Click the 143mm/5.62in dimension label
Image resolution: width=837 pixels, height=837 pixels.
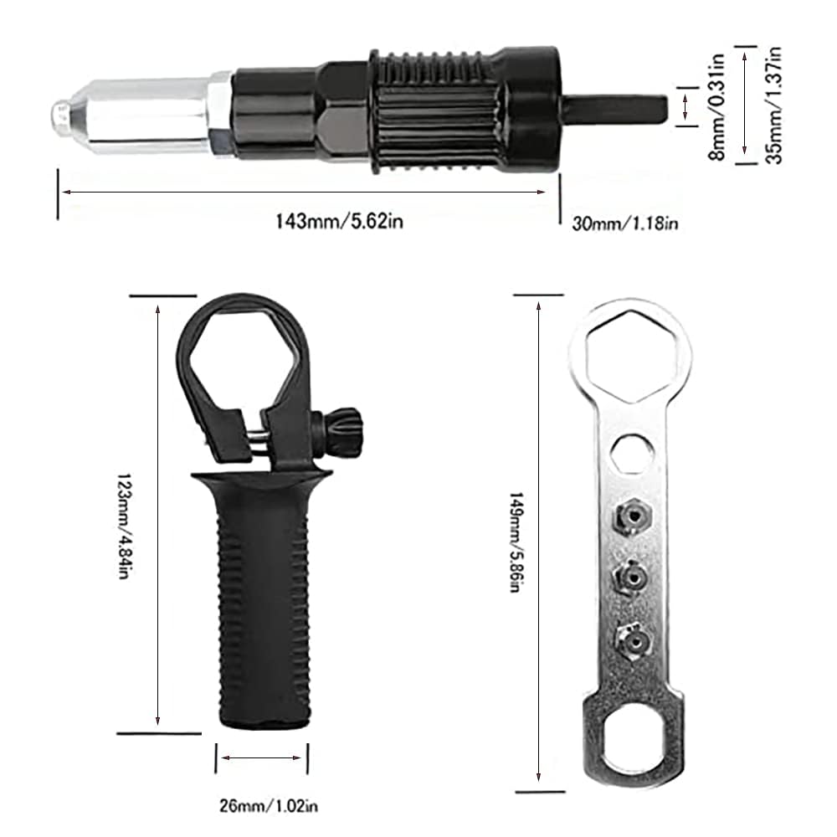(x=333, y=222)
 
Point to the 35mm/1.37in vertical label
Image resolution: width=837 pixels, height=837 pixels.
(x=775, y=105)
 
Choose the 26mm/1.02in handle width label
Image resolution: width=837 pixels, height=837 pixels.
(x=262, y=807)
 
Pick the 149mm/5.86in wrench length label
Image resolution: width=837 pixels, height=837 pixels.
(x=515, y=542)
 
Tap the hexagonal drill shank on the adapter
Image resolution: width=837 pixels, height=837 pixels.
(x=615, y=109)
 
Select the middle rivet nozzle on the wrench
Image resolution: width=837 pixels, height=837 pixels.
(x=632, y=578)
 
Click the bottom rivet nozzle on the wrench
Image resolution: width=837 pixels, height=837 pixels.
(x=632, y=640)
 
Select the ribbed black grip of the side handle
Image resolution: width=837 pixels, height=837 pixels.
(x=259, y=611)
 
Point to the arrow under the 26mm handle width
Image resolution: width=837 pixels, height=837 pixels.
(x=262, y=759)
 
